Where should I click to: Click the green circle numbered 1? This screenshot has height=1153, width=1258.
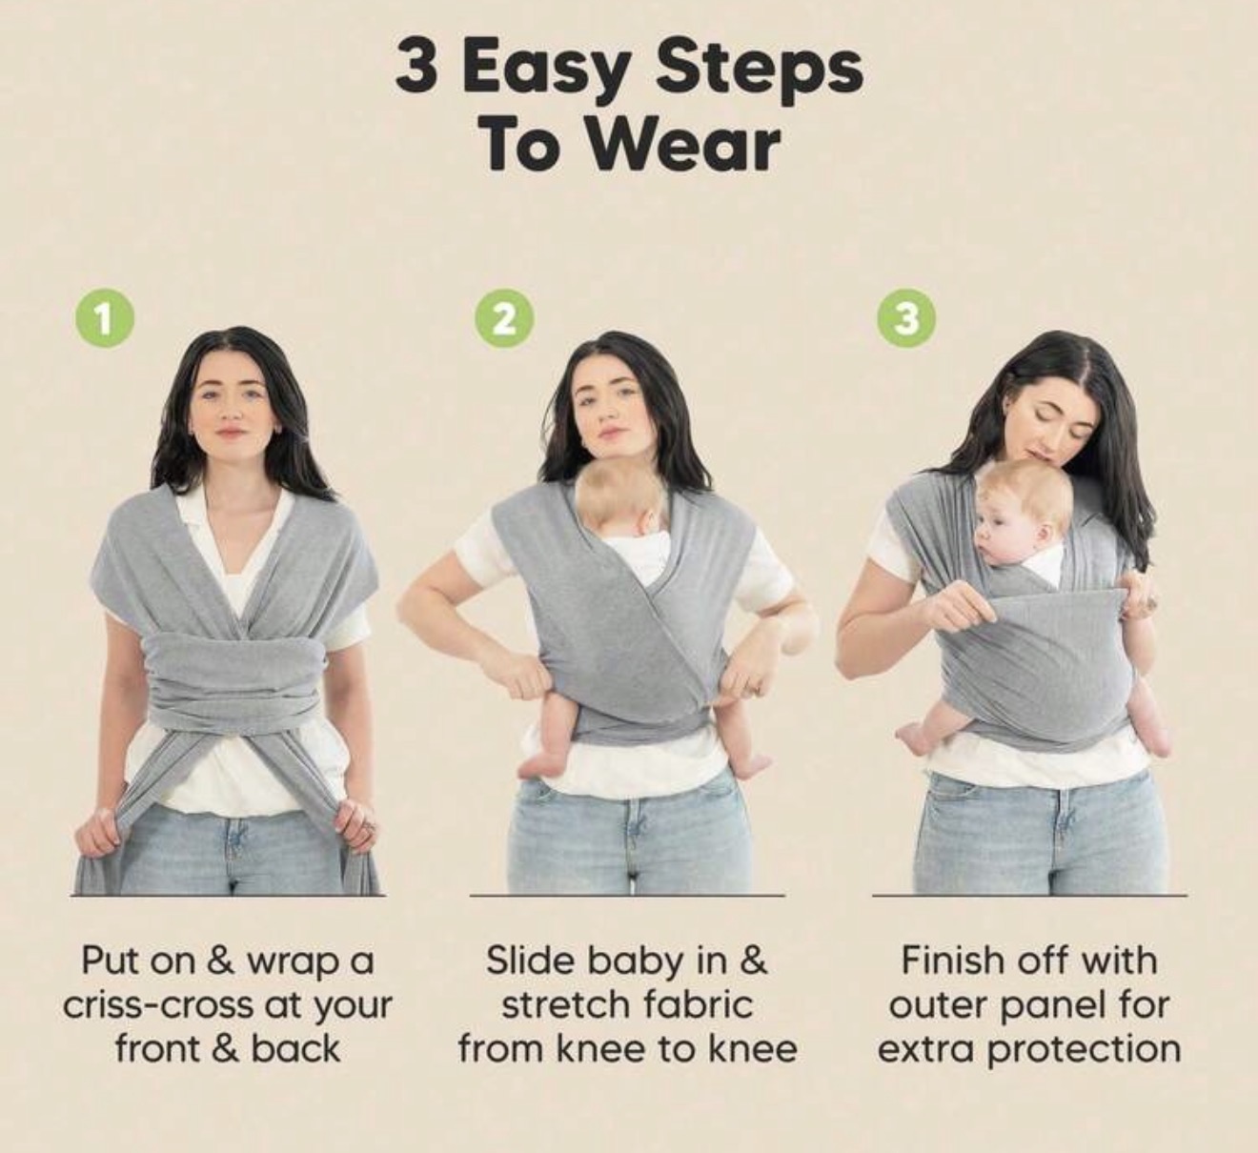point(104,322)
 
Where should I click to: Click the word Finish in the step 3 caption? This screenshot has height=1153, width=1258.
point(953,960)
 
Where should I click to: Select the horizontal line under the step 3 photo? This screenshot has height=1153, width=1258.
point(1029,895)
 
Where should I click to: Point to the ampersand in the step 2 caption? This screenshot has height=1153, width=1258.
point(754,961)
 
